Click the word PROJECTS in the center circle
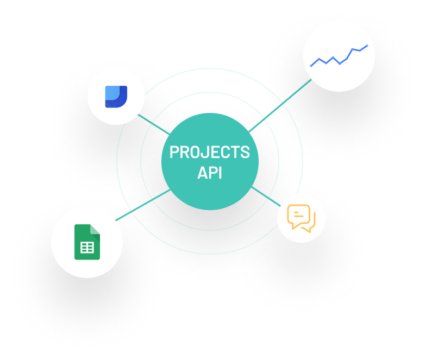click(x=210, y=152)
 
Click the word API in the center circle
click(x=210, y=173)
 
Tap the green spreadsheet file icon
click(x=87, y=242)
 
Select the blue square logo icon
click(x=116, y=97)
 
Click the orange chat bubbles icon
click(x=301, y=218)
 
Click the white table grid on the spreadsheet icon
click(x=87, y=248)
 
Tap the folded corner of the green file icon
click(x=95, y=229)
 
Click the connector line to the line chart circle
click(x=280, y=105)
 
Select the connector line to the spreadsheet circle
click(x=143, y=205)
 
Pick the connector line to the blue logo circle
click(x=154, y=124)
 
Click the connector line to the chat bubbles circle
click(x=266, y=197)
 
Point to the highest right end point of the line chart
click(x=367, y=46)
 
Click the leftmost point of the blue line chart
click(x=311, y=66)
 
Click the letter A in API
click(x=202, y=173)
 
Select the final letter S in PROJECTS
click(x=245, y=152)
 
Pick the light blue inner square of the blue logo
click(x=112, y=93)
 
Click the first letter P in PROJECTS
click(x=174, y=152)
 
